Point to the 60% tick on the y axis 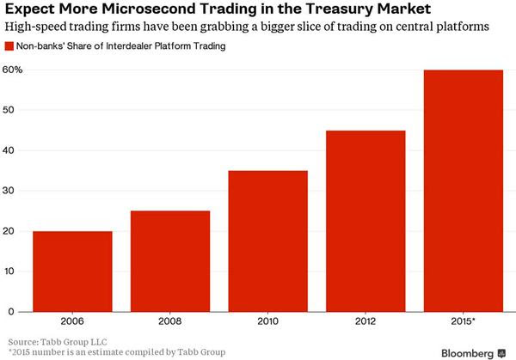click(x=13, y=70)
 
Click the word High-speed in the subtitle click(x=34, y=27)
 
